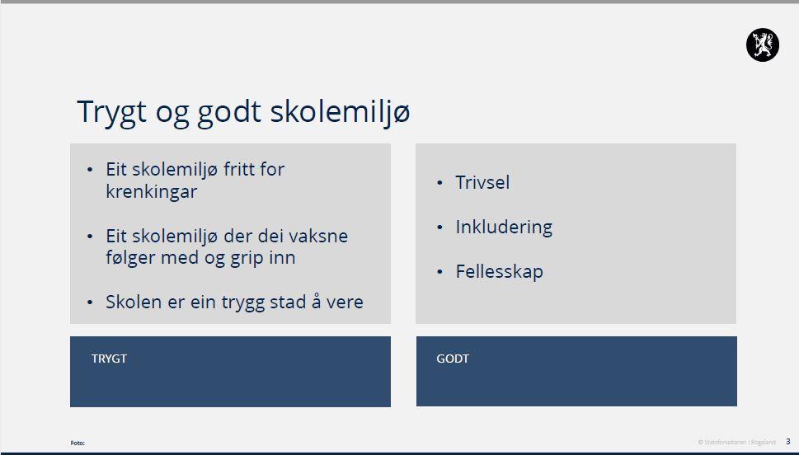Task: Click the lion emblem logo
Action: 763,45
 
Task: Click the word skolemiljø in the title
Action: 340,111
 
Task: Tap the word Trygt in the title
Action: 112,113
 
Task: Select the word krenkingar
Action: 152,191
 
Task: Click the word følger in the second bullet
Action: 131,258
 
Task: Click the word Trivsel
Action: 482,182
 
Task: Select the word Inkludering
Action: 504,227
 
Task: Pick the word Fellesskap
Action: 500,271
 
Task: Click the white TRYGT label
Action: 109,359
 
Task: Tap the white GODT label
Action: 453,359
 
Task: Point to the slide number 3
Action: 787,442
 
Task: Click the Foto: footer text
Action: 78,443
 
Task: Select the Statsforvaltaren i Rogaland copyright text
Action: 736,443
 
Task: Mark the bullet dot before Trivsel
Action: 439,183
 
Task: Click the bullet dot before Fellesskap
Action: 439,272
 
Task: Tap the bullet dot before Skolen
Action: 90,303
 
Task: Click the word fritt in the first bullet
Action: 238,169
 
